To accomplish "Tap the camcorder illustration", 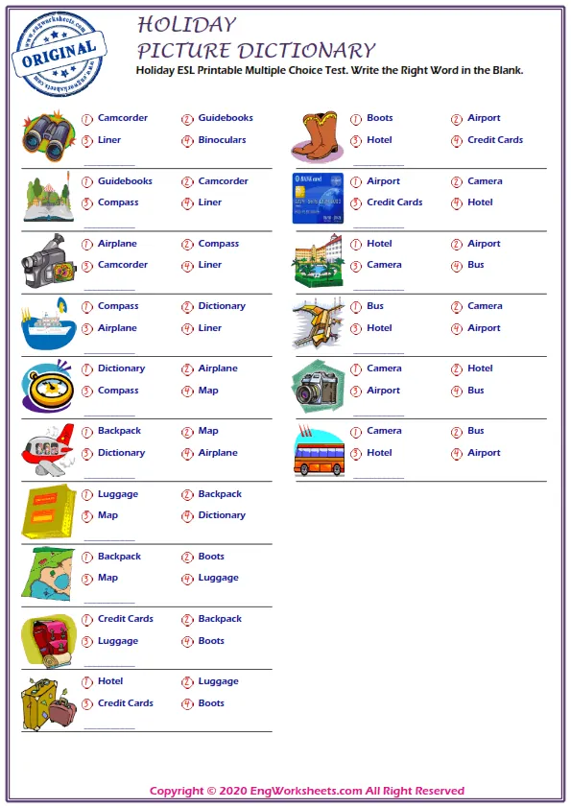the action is (x=45, y=260).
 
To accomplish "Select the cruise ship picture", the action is (x=45, y=324).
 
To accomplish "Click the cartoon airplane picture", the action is (x=47, y=448).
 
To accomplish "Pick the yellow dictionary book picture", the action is (x=46, y=511).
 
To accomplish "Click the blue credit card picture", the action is (x=318, y=198).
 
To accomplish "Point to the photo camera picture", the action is (x=318, y=388).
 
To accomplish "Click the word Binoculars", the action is (x=222, y=140).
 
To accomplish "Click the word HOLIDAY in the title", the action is (x=186, y=25).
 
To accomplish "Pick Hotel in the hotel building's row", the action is (x=379, y=244).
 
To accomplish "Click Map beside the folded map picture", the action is (x=107, y=578).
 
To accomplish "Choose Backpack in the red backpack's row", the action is (x=220, y=619).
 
